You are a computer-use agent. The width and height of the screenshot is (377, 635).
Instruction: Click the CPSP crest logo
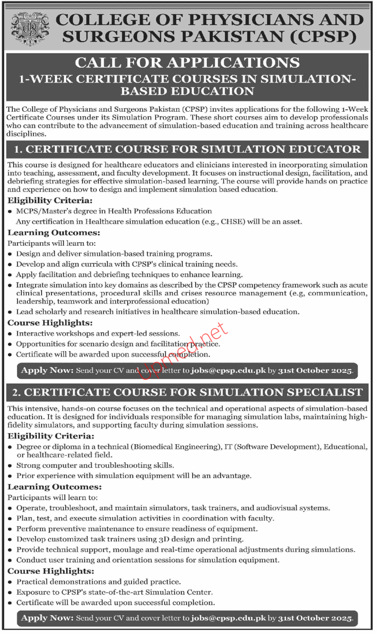(x=30, y=29)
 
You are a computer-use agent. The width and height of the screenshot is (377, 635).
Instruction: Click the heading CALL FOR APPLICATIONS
(x=187, y=63)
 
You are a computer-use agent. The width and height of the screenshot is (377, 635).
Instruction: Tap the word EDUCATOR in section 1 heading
(x=325, y=149)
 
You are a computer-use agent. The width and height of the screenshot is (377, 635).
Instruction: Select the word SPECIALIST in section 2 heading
(x=325, y=392)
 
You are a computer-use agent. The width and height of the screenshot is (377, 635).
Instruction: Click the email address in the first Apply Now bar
(x=228, y=371)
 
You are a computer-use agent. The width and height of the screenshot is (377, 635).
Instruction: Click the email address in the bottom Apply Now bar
(x=228, y=618)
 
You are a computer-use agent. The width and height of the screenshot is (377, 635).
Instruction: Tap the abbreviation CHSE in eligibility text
(x=233, y=222)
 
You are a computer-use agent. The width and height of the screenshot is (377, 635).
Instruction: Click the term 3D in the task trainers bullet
(x=164, y=539)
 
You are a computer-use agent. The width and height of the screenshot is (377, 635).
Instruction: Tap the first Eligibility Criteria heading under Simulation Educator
(x=50, y=201)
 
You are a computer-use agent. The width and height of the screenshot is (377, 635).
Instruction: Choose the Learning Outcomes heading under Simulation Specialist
(x=55, y=487)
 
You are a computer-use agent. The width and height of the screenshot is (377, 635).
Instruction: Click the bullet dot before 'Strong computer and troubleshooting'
(x=10, y=466)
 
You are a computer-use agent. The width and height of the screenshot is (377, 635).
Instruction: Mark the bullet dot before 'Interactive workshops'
(x=10, y=334)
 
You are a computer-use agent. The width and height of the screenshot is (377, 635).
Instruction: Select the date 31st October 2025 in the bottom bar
(x=315, y=618)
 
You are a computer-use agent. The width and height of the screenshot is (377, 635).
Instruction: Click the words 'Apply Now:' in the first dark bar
(x=47, y=370)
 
